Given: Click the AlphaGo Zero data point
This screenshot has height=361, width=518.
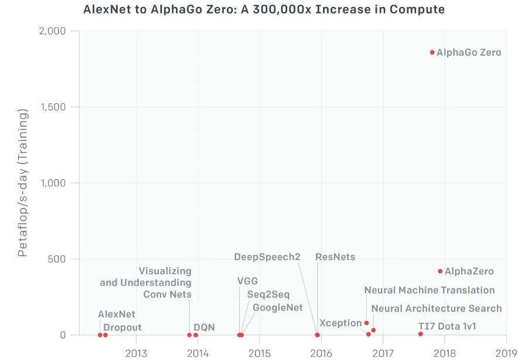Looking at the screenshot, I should click(432, 52).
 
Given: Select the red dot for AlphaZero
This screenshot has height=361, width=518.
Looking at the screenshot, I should click(440, 271).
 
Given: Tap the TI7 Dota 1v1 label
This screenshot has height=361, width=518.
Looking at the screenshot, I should click(447, 326).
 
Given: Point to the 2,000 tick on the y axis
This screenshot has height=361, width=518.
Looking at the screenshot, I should click(52, 30).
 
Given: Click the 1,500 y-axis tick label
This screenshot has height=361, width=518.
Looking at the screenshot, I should click(52, 107).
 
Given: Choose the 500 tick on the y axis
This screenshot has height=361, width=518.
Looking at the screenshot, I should click(57, 259).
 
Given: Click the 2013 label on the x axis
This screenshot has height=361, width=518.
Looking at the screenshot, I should click(136, 353).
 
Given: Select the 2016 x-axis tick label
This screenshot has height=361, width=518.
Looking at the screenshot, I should click(321, 353).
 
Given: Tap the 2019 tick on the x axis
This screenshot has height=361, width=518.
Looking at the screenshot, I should click(506, 353).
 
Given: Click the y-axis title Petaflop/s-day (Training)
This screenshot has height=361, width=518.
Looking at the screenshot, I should click(23, 183).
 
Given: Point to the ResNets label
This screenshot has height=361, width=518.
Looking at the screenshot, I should click(335, 257).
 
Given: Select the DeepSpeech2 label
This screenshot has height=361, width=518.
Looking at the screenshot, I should click(267, 257).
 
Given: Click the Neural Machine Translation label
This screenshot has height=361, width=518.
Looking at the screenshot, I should click(430, 290).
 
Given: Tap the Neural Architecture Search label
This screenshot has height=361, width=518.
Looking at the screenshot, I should click(437, 308).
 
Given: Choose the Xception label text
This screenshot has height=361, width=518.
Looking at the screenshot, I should click(340, 323).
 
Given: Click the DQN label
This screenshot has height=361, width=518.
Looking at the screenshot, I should click(204, 327).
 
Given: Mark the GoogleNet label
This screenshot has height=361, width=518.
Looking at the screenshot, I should click(278, 308).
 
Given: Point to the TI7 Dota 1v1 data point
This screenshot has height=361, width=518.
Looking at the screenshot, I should click(420, 334).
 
